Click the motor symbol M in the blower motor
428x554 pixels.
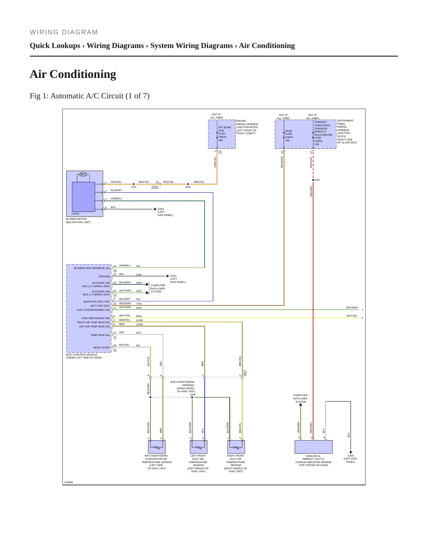tap(83, 174)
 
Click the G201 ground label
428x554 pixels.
tap(173, 276)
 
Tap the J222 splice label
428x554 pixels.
tap(317, 180)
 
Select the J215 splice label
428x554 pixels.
tap(134, 187)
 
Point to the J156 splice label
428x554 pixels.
tap(188, 187)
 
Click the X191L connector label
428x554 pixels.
tap(155, 187)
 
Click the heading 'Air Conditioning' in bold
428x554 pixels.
tap(73, 74)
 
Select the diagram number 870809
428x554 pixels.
tap(69, 482)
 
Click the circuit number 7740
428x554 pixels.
tap(139, 304)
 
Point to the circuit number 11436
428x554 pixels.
tap(139, 320)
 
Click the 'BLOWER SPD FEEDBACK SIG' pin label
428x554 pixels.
tap(92, 268)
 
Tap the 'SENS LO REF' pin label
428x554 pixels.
tap(102, 348)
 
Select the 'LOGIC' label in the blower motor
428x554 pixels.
tap(76, 214)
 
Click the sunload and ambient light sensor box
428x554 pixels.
tap(313, 447)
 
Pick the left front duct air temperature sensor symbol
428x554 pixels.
tap(198, 447)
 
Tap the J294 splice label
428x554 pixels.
tap(193, 395)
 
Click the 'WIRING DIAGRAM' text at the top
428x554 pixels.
tap(64, 32)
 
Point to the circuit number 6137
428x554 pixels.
tap(139, 333)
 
